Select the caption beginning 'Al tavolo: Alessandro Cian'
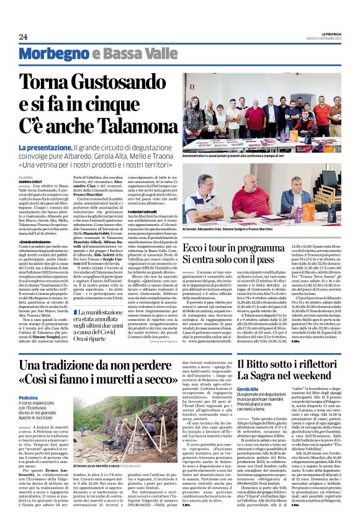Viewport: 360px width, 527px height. point(227,229)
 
